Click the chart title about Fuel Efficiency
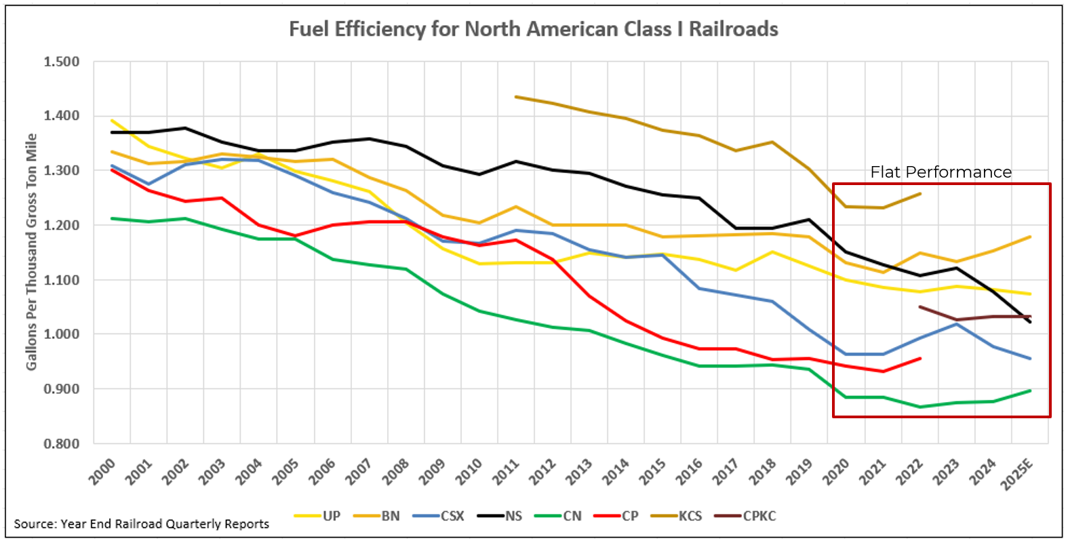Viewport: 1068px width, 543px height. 533,29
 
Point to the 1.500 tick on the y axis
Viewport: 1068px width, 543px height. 62,62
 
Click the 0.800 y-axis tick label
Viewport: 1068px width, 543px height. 62,444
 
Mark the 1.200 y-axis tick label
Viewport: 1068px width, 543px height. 62,225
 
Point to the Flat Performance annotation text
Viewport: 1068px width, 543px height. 941,172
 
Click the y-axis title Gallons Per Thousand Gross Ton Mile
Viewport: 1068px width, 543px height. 31,252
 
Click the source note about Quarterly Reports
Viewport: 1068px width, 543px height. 141,524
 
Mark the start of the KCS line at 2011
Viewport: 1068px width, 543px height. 515,97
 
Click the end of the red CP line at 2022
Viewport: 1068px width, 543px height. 920,358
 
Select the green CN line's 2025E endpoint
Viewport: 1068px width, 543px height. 1031,390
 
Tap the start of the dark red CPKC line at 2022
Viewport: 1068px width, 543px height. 920,306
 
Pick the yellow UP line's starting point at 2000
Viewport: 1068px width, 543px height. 112,120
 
